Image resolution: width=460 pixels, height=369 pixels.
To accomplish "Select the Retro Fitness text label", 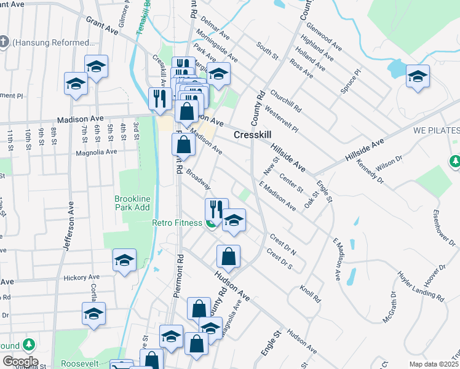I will (177, 223).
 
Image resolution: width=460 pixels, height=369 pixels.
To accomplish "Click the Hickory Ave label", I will (81, 278).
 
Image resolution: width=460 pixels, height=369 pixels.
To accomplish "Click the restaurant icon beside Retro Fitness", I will (216, 209).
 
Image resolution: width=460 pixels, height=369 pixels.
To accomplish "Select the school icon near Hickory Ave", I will (124, 260).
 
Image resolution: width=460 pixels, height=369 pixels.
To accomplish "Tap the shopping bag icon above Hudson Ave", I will (228, 256).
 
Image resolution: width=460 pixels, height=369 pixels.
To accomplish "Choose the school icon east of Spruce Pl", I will (418, 76).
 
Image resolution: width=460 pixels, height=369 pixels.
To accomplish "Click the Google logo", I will (20, 362).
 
